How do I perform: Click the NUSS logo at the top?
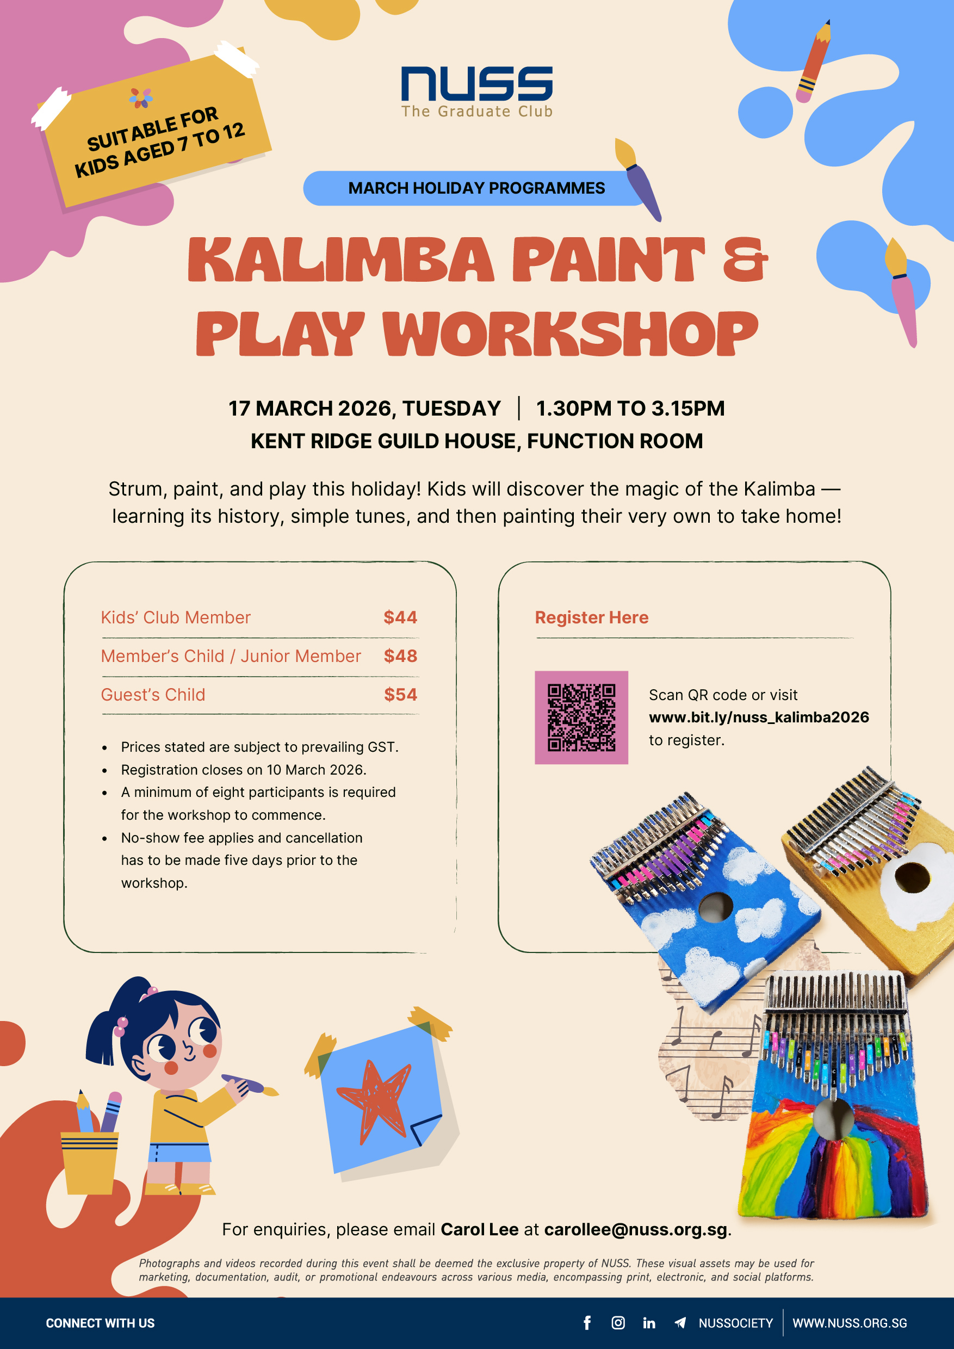476,92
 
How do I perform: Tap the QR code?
581,717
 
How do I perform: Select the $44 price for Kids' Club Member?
400,617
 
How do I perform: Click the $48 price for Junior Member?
400,655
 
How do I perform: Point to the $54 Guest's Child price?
400,695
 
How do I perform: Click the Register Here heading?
592,617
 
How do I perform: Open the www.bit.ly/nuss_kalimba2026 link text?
758,717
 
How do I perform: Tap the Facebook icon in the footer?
587,1322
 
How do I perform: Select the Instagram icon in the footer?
618,1322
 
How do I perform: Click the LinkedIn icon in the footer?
649,1322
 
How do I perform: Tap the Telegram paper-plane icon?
680,1322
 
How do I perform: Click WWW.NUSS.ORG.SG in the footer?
850,1323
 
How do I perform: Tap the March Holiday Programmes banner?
476,188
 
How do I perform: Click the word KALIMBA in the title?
340,259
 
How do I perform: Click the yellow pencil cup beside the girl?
90,1163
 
